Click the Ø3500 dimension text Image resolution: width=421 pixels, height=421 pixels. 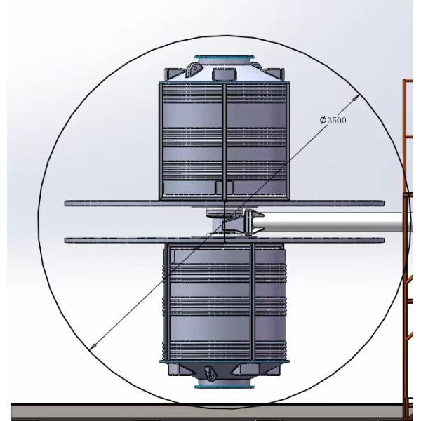click(x=333, y=120)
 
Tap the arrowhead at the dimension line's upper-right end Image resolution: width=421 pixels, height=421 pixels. click(x=357, y=98)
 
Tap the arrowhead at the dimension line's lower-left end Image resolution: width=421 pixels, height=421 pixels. click(x=95, y=345)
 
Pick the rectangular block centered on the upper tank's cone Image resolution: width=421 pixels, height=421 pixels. click(x=224, y=74)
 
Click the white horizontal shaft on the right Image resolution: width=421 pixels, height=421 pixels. click(x=330, y=223)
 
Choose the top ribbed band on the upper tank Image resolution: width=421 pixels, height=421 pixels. click(x=224, y=93)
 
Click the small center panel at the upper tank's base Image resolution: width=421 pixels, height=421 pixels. click(x=224, y=186)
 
